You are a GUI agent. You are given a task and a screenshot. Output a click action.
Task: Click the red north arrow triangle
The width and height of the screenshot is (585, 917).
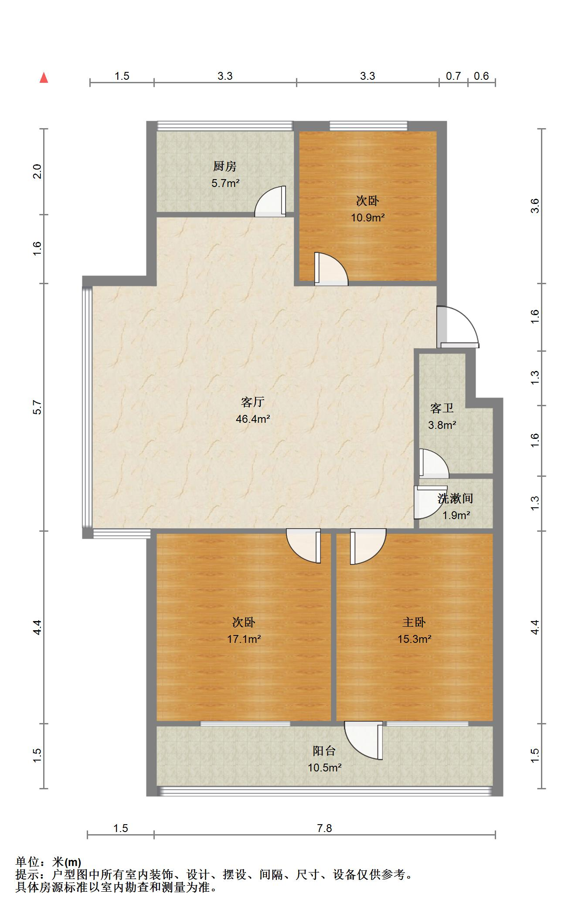click(44, 78)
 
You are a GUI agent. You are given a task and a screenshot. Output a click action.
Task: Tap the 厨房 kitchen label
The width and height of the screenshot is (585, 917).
click(225, 166)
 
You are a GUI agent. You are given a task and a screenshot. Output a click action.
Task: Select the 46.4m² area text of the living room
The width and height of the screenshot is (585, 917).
click(253, 419)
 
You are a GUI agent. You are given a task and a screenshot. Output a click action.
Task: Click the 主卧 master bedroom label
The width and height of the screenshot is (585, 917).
click(414, 622)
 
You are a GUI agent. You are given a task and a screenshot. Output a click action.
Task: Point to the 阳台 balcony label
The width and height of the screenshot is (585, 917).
click(324, 751)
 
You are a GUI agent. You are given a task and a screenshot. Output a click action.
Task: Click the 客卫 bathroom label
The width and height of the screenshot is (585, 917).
click(442, 408)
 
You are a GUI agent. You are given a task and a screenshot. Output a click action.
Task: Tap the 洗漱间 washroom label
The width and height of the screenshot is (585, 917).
click(456, 498)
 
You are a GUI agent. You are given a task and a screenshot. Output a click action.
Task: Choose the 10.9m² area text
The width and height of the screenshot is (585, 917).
click(368, 217)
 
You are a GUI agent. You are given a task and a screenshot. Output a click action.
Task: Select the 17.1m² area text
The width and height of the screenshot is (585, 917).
click(244, 639)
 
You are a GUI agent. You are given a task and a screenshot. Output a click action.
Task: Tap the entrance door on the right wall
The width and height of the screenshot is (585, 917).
click(458, 327)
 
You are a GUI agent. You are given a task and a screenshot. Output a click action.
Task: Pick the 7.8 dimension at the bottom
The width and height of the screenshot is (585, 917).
click(324, 828)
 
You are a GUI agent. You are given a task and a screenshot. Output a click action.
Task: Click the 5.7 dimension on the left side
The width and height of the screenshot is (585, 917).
click(37, 407)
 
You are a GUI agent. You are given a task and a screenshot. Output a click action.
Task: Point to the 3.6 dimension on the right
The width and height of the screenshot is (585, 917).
click(535, 206)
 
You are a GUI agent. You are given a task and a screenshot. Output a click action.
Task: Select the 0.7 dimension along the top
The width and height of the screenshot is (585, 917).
click(453, 76)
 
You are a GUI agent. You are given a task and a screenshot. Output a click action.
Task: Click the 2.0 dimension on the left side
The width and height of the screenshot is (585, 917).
click(37, 171)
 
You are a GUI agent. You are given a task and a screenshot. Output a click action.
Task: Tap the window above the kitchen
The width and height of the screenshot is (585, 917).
click(225, 126)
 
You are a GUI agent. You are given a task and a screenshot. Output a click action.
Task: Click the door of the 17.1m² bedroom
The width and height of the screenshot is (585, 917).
click(304, 546)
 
